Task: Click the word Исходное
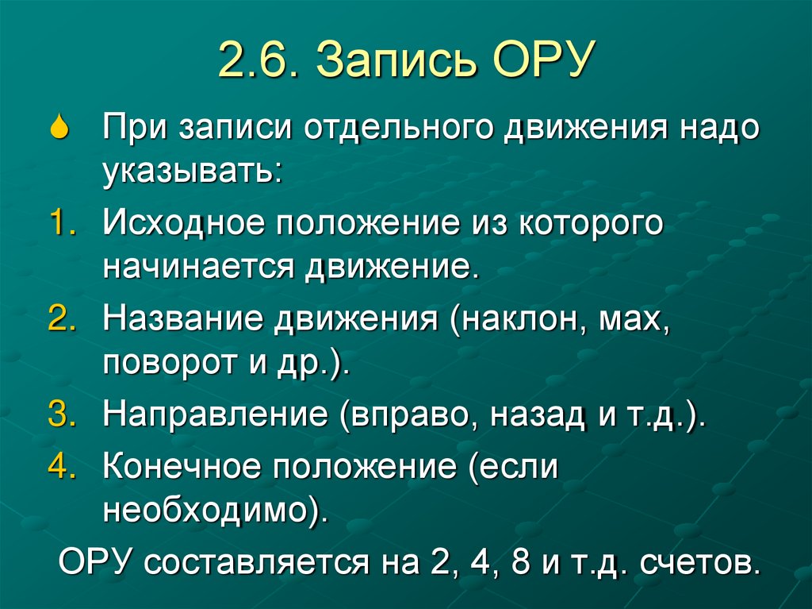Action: [x=182, y=224]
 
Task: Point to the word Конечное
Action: [x=182, y=467]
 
